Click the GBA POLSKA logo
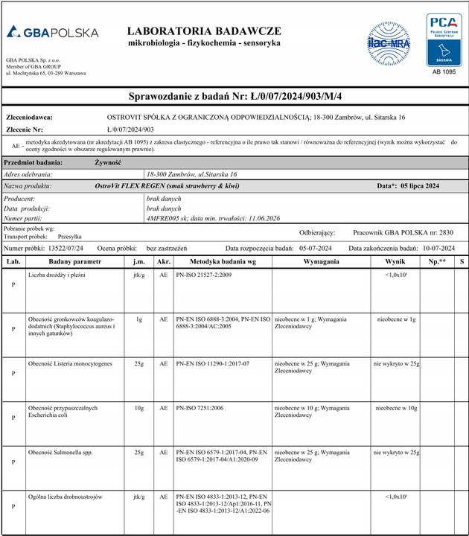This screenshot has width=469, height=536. click(52, 33)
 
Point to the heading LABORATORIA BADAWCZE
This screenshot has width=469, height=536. click(204, 31)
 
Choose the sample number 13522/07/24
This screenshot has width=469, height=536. click(65, 247)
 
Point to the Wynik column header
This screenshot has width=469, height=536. click(396, 262)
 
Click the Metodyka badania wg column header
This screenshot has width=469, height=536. click(223, 262)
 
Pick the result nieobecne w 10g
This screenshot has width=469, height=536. click(396, 409)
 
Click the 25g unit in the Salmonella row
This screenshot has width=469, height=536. click(138, 452)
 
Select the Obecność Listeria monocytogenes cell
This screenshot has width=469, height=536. click(70, 363)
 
